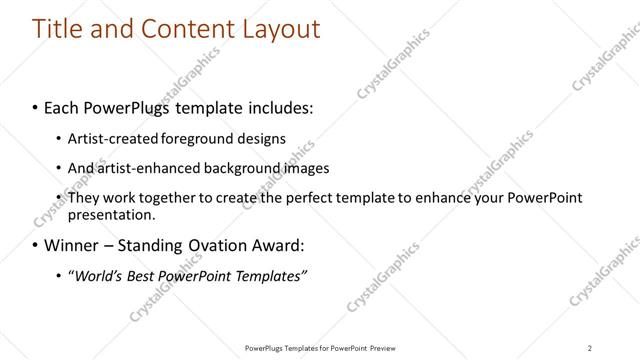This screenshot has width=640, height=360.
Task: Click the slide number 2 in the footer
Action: pos(590,348)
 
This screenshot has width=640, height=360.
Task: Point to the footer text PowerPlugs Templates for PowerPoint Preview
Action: pos(321,348)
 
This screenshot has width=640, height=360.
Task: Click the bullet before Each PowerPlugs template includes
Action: pos(36,104)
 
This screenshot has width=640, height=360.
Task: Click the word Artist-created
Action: pos(108,138)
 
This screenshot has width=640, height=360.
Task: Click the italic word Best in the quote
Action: pos(148,275)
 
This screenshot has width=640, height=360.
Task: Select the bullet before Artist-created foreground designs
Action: pos(58,138)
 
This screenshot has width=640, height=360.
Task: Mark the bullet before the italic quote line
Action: pos(58,275)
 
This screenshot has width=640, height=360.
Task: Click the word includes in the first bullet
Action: pos(281,104)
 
